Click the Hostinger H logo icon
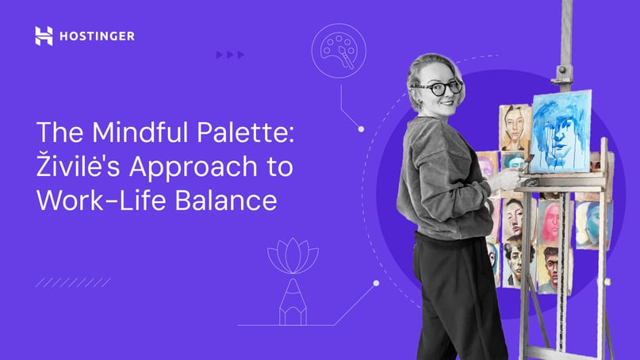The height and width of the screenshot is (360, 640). [x=44, y=36]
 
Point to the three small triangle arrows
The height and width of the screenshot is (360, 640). [x=230, y=55]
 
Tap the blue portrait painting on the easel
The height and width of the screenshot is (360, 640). [x=561, y=132]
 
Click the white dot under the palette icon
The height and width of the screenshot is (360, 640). [x=361, y=128]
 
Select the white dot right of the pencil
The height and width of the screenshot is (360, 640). [x=376, y=283]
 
